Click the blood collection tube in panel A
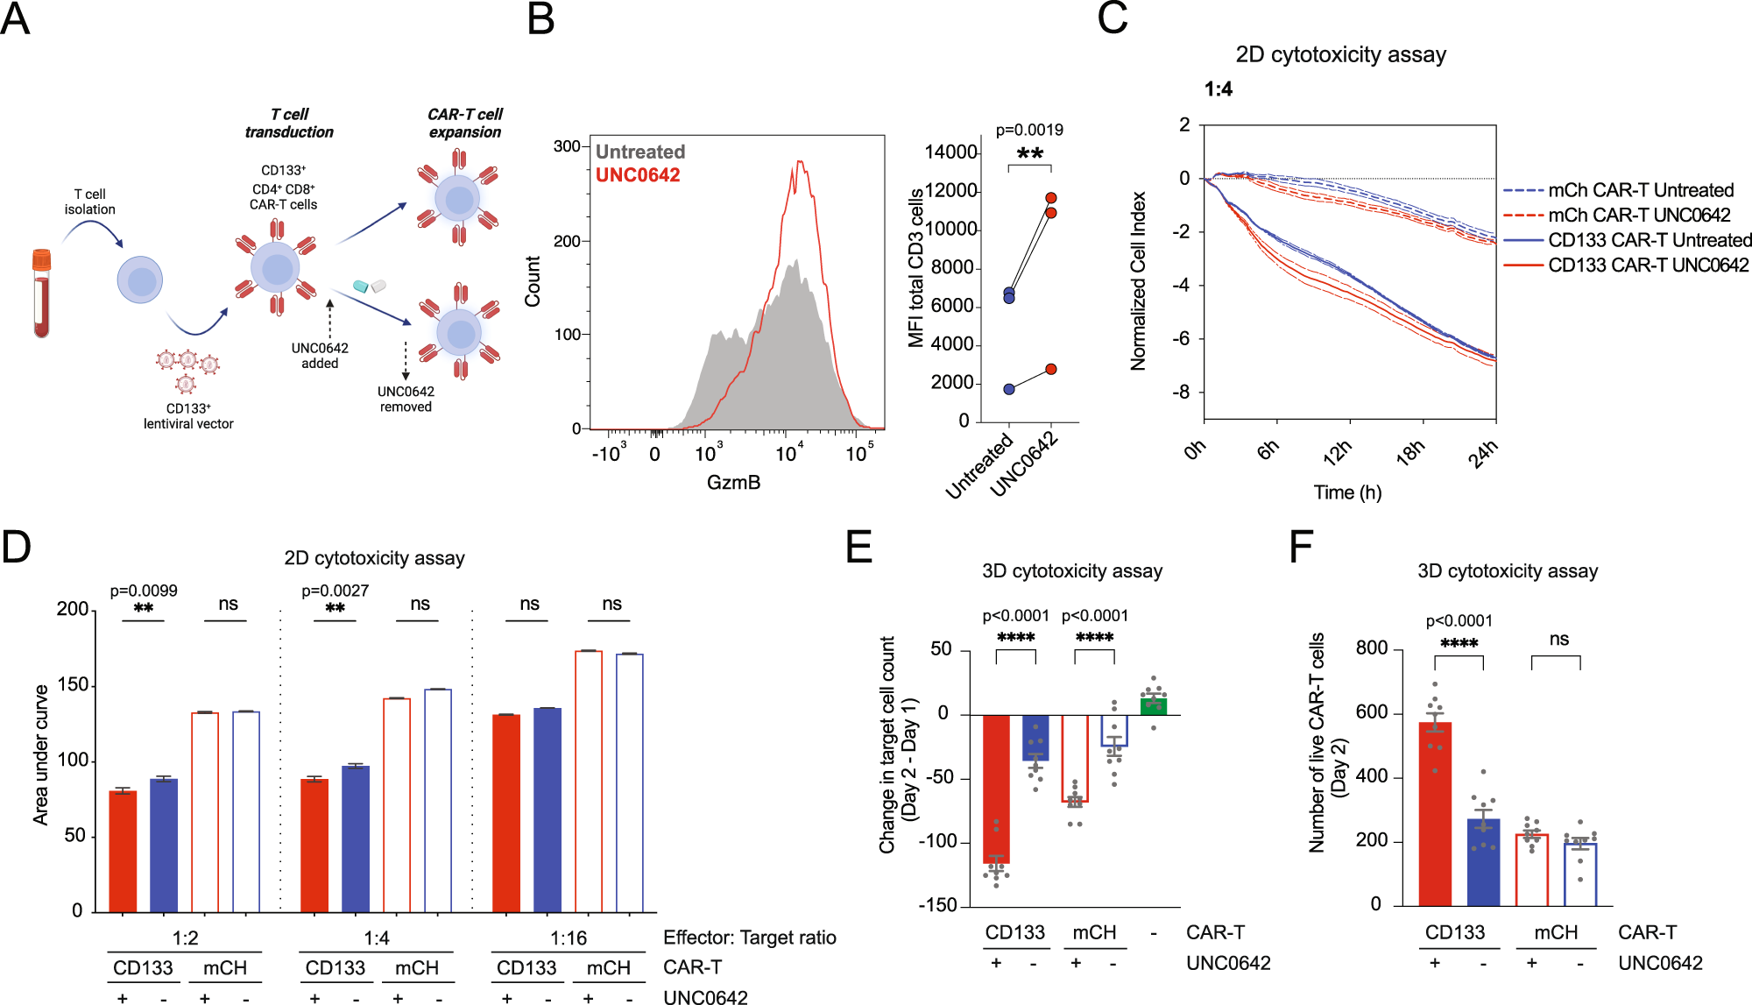(41, 294)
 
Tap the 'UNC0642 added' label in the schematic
(320, 355)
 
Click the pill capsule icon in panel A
(369, 286)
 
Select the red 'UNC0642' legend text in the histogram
(638, 175)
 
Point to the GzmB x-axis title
(733, 482)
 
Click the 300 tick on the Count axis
(567, 146)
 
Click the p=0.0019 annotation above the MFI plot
(1029, 130)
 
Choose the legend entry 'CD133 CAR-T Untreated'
(1650, 240)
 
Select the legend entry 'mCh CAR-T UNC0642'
(1639, 216)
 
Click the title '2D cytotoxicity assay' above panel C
(1340, 54)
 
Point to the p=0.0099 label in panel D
(144, 591)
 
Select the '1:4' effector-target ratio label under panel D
(377, 938)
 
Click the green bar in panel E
(1154, 705)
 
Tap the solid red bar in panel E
(996, 789)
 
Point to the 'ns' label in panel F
(1558, 639)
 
